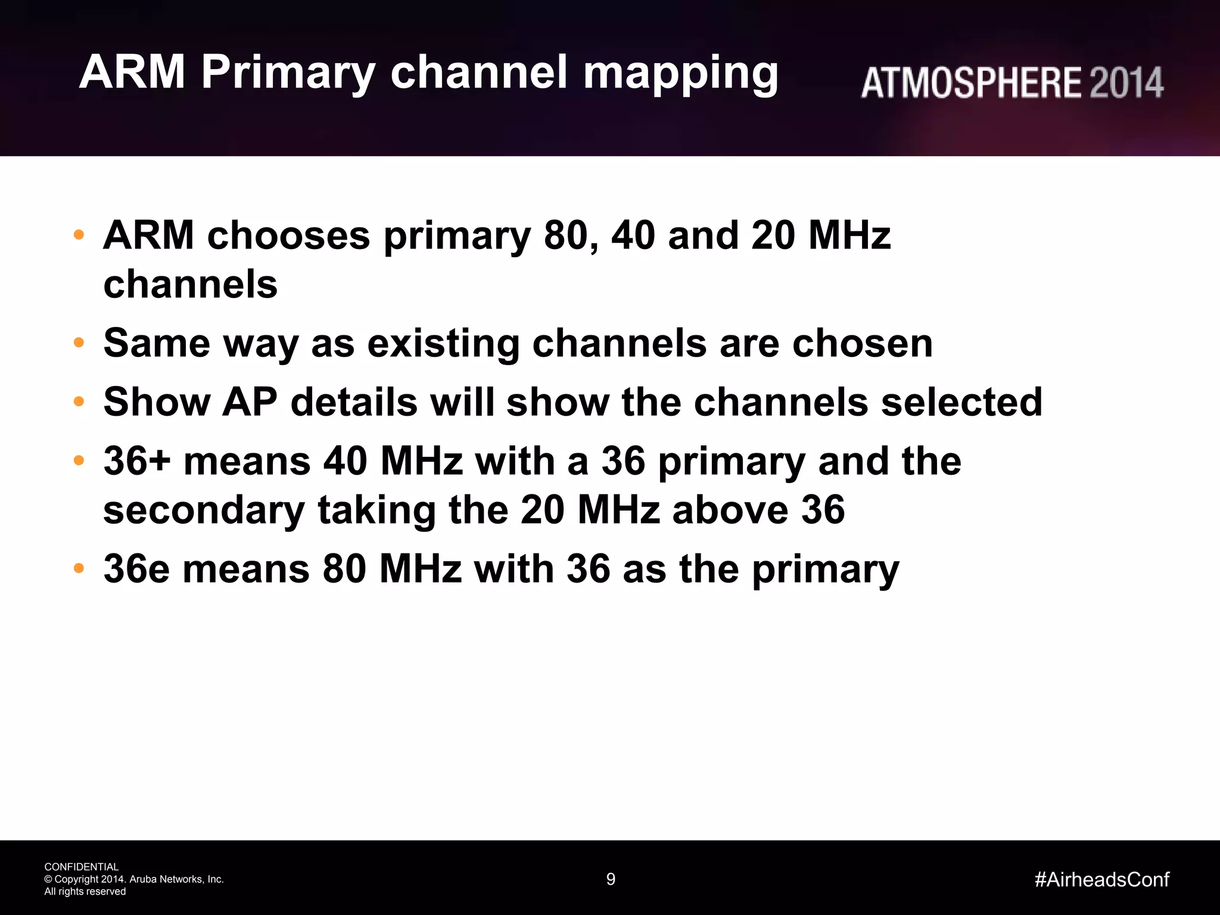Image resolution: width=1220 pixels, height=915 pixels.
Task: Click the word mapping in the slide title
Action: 680,74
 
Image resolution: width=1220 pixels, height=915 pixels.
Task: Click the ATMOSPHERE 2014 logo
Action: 1012,83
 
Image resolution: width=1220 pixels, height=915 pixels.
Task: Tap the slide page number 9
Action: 611,879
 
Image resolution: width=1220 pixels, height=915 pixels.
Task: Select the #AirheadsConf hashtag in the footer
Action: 1102,879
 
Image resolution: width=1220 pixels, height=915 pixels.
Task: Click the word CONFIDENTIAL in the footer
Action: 82,867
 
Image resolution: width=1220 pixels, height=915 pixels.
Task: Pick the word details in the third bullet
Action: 354,402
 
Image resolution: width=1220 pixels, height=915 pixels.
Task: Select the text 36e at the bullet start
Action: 136,569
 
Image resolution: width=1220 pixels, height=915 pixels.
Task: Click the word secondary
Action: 204,511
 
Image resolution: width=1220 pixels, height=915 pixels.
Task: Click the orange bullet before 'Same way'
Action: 79,343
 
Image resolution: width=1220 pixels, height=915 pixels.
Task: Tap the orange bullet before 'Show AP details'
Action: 79,402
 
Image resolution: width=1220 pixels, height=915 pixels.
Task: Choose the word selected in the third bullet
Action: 961,402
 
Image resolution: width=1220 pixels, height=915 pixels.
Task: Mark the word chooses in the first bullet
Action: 288,235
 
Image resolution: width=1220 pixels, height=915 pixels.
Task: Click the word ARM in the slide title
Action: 132,73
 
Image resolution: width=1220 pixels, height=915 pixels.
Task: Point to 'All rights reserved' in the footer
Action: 85,892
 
